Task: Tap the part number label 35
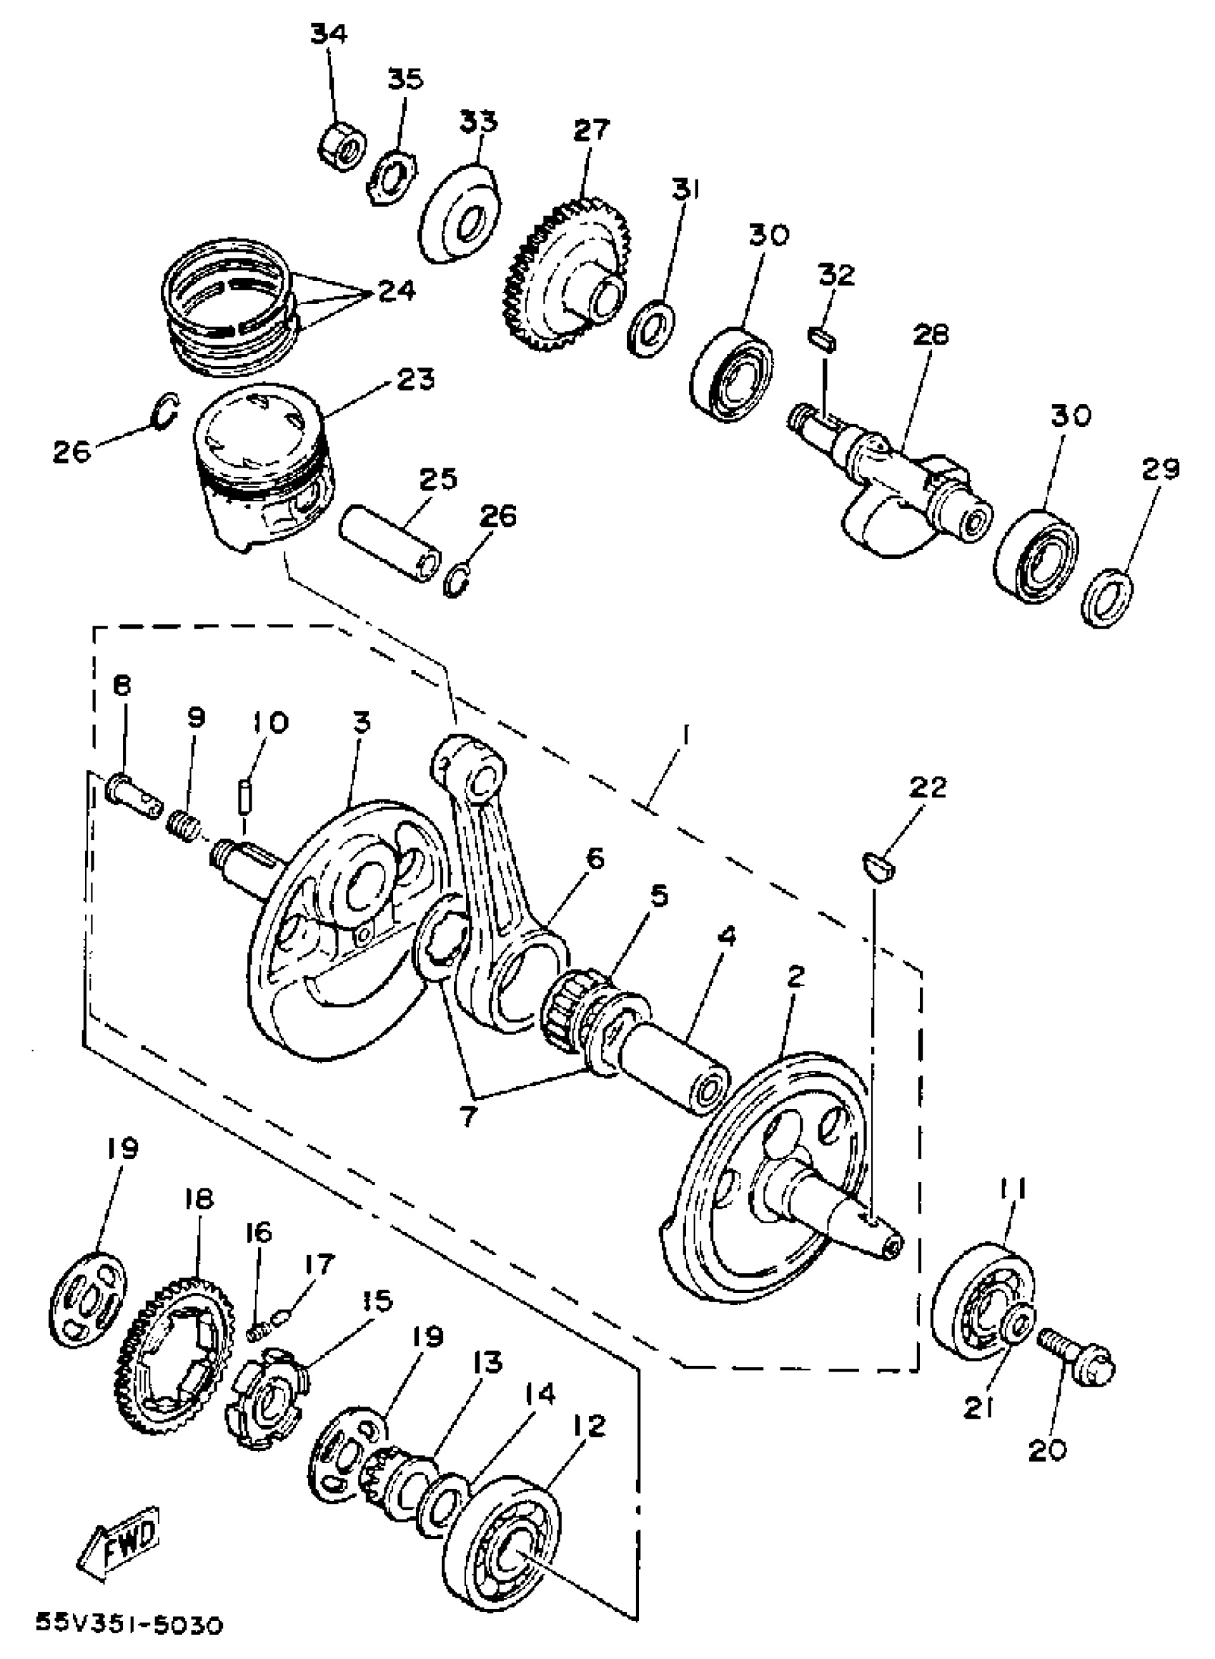pyautogui.click(x=405, y=78)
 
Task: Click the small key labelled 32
pyautogui.click(x=821, y=339)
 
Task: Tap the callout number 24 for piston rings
pyautogui.click(x=397, y=290)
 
